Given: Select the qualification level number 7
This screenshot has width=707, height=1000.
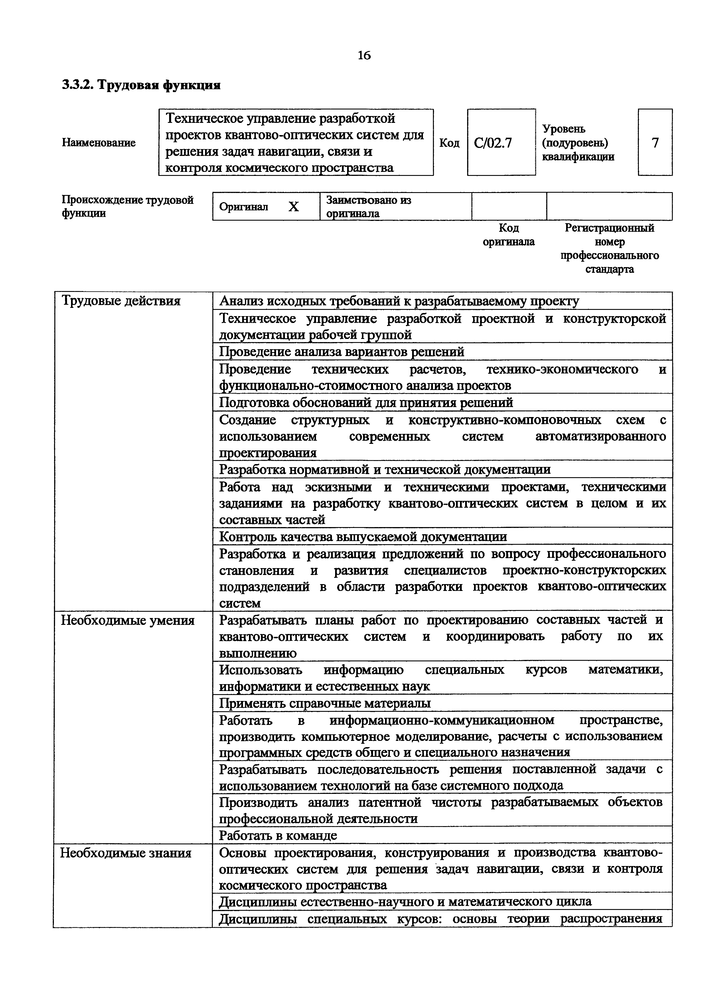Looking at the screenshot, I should click(x=655, y=143).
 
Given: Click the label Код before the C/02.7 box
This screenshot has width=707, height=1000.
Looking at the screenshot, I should click(x=449, y=143).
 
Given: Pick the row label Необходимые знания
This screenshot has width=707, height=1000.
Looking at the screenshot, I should click(x=125, y=853).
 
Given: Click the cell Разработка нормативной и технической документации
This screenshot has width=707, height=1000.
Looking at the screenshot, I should click(x=385, y=469).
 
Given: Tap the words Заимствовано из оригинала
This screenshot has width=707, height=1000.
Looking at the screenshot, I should click(x=368, y=206).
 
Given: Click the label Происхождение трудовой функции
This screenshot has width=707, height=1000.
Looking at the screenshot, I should click(x=127, y=206).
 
